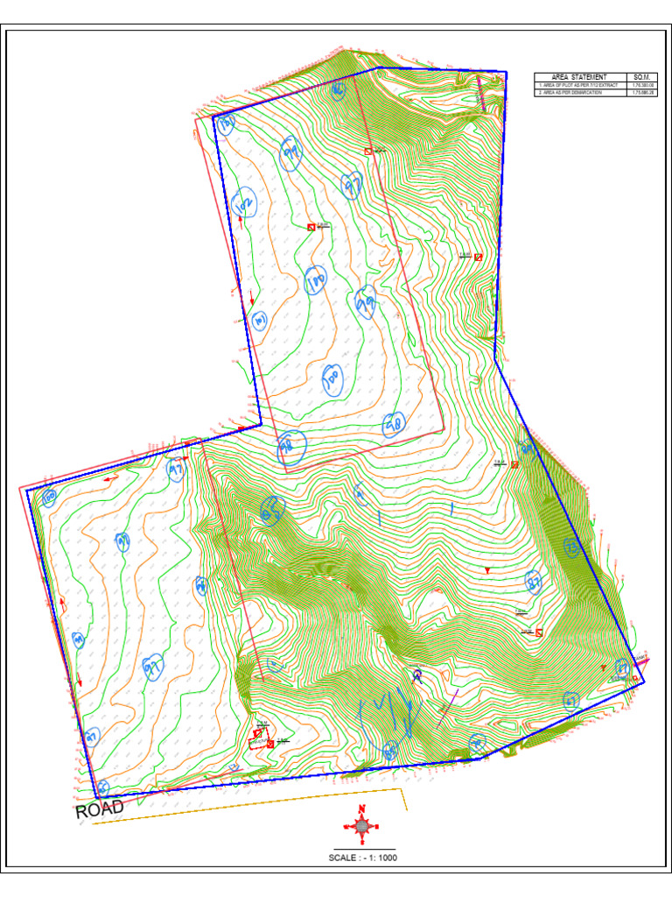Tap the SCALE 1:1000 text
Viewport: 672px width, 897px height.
pyautogui.click(x=361, y=858)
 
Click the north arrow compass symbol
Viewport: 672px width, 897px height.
pyautogui.click(x=361, y=825)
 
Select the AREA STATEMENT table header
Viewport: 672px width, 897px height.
pyautogui.click(x=580, y=77)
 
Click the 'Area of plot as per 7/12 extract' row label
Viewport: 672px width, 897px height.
pyautogui.click(x=580, y=85)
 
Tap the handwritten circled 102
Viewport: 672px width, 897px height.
pyautogui.click(x=245, y=205)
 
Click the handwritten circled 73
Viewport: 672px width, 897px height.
pyautogui.click(x=571, y=547)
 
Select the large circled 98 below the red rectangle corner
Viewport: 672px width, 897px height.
pyautogui.click(x=290, y=448)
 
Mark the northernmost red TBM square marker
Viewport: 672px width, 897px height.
pyautogui.click(x=368, y=151)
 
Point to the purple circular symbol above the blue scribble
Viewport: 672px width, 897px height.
pyautogui.click(x=417, y=675)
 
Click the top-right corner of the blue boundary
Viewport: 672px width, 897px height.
pyautogui.click(x=506, y=72)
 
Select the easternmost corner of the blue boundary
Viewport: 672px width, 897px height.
pyautogui.click(x=644, y=682)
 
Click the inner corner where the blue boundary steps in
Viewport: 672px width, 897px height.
pyautogui.click(x=261, y=424)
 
